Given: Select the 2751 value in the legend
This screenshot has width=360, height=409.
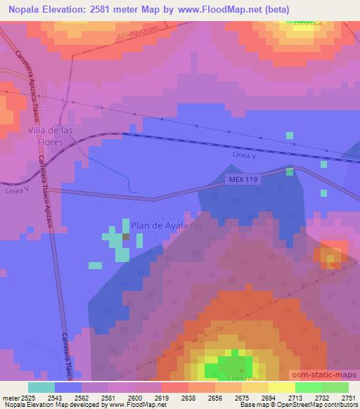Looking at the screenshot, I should click(348, 399).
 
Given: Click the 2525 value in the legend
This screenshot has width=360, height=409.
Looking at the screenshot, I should click(28, 399).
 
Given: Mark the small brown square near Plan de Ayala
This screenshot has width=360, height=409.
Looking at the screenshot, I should click(126, 237).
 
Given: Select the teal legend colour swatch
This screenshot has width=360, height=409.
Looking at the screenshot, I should click(41, 387).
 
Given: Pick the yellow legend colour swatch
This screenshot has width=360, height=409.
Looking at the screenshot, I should click(281, 387).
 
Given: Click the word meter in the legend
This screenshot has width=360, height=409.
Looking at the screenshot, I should click(10, 399).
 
